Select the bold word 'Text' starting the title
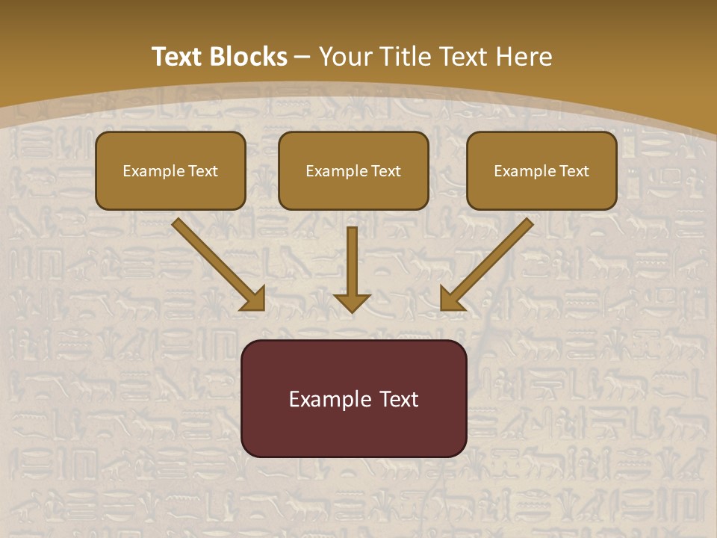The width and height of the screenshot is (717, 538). pyautogui.click(x=178, y=57)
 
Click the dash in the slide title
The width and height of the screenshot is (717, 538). pyautogui.click(x=303, y=58)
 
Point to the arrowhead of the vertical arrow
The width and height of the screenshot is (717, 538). pyautogui.click(x=352, y=303)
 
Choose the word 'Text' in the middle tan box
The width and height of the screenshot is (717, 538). pyautogui.click(x=385, y=171)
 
